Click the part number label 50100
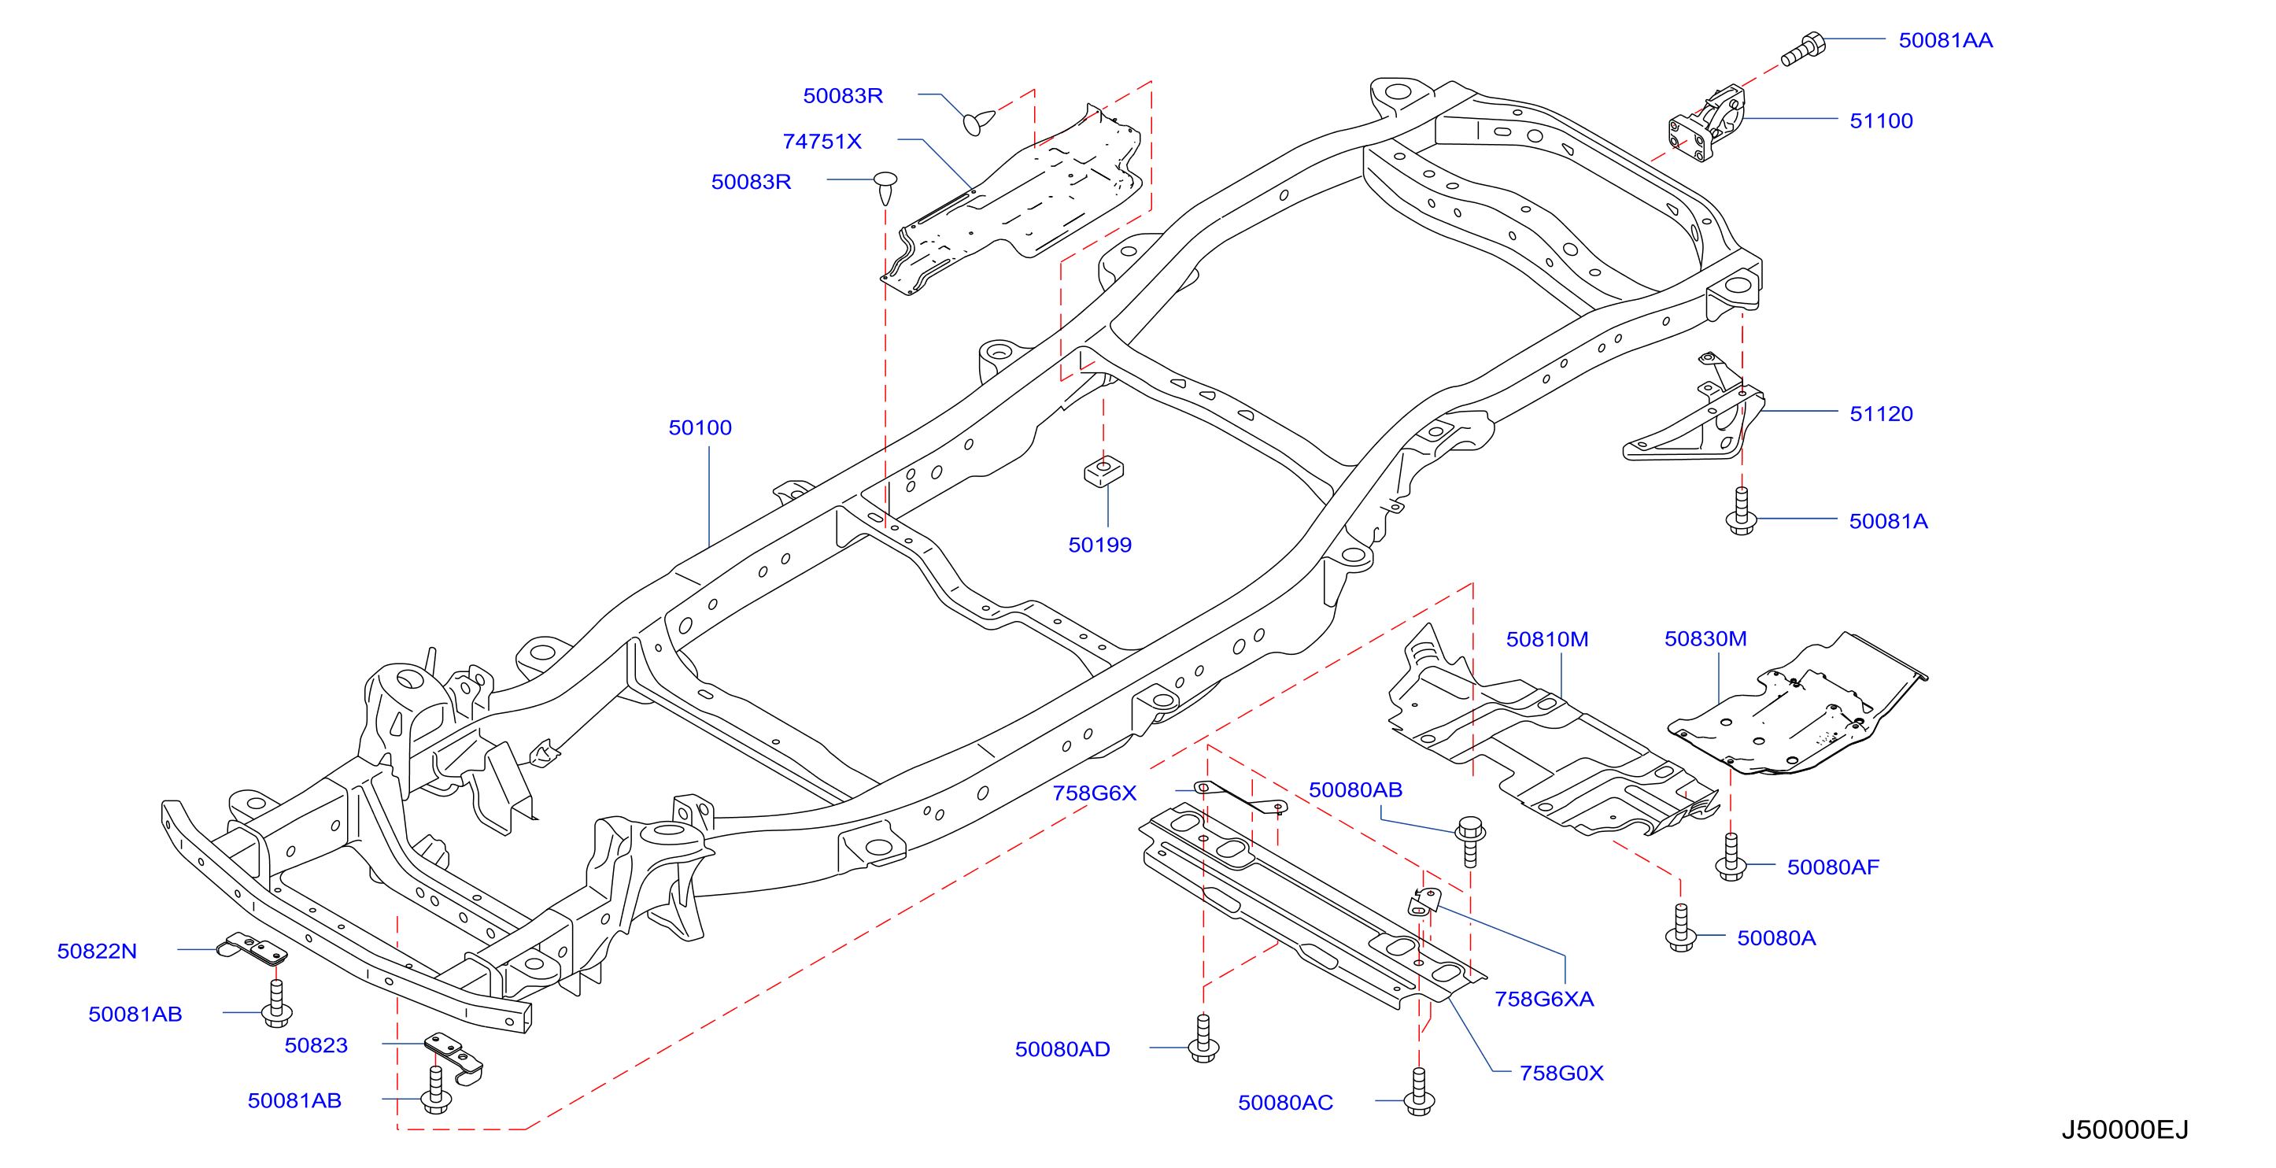(x=700, y=427)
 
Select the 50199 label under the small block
(x=1099, y=545)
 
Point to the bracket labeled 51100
(x=1706, y=124)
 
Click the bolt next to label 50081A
(x=1741, y=511)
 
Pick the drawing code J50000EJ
(x=2125, y=1129)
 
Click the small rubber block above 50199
(x=1103, y=471)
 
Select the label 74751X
(x=822, y=142)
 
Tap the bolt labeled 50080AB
(x=1470, y=841)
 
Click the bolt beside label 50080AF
(x=1730, y=857)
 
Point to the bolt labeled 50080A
(x=1680, y=928)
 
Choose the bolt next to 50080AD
(x=1203, y=1038)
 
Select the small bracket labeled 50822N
(x=253, y=949)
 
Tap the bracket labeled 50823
(x=454, y=1057)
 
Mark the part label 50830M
(x=1705, y=639)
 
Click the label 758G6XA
(x=1543, y=1000)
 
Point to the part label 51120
(x=1881, y=413)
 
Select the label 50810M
(x=1547, y=639)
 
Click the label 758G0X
(x=1561, y=1074)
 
